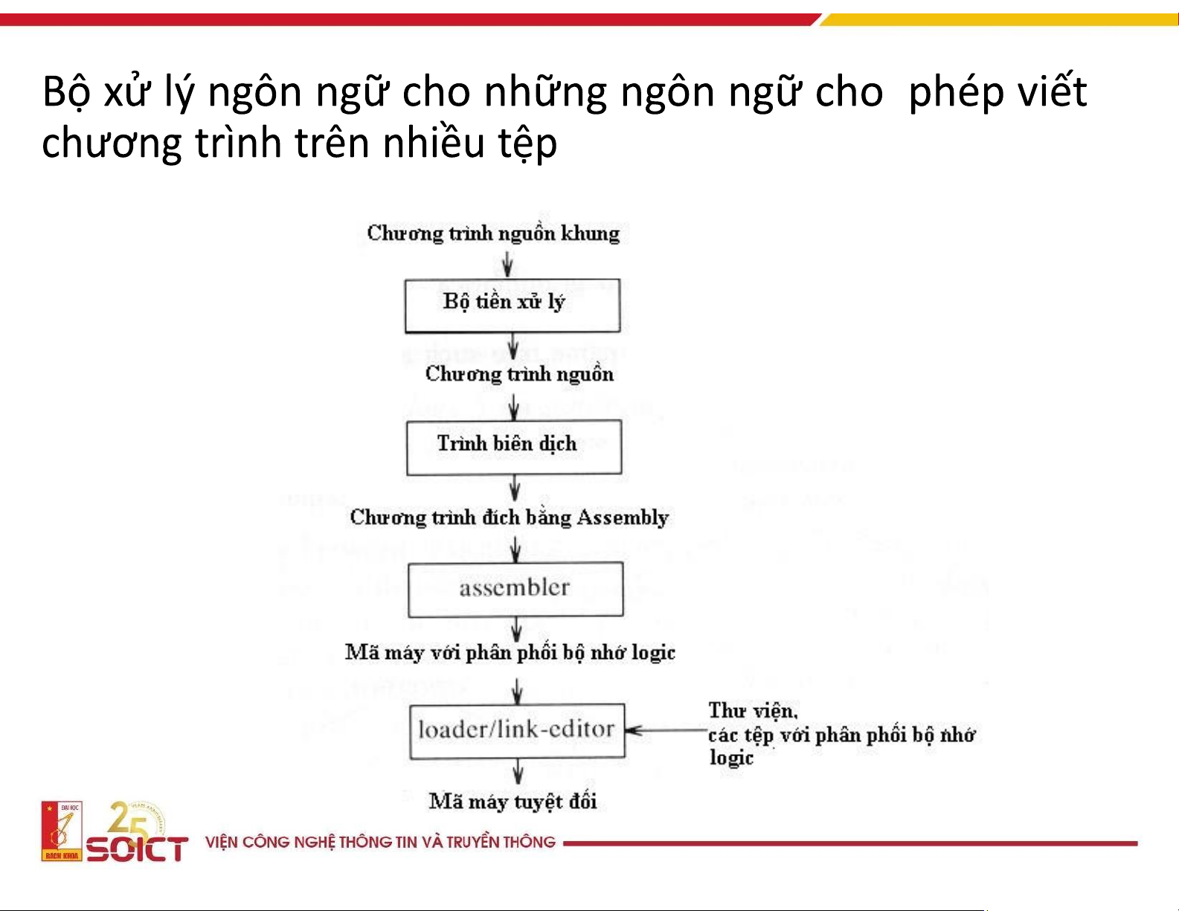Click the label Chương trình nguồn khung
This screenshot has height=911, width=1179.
493,234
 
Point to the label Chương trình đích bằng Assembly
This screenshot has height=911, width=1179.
509,518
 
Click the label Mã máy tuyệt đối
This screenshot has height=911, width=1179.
513,802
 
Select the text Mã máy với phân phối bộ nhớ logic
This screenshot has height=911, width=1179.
510,652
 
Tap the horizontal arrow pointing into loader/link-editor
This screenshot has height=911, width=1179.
666,730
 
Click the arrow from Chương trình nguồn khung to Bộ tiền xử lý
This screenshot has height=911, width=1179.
507,265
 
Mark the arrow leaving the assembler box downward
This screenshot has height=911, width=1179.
516,630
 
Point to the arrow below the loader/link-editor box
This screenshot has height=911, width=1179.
518,772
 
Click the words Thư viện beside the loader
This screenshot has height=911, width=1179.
753,710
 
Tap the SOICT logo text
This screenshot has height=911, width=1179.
138,849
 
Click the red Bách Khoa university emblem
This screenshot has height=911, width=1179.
62,831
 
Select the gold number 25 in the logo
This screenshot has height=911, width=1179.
129,820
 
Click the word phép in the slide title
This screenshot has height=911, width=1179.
957,93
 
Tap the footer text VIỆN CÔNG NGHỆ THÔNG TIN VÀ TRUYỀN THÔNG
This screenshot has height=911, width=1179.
380,842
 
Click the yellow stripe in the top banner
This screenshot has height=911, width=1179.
998,19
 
